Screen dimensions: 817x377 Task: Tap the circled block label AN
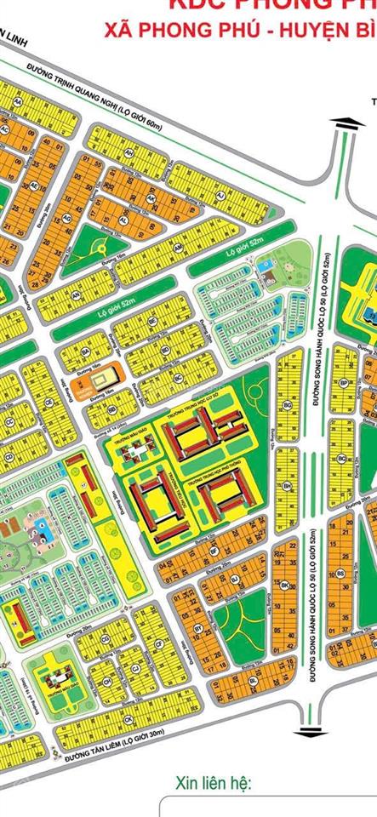point(76,295)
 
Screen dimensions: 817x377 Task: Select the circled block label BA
point(85,350)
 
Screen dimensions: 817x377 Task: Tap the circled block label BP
point(343,385)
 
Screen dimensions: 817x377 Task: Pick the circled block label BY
point(198,628)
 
